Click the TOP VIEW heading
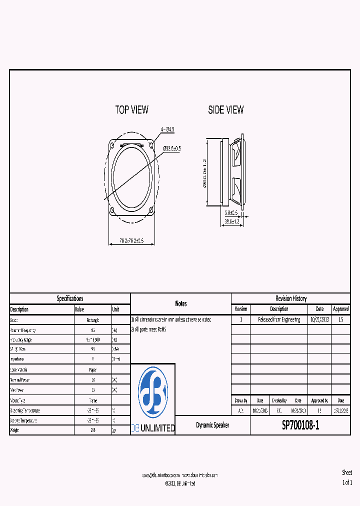coord(131,110)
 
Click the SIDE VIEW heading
coord(226,110)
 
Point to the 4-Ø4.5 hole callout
coord(167,129)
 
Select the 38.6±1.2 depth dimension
coord(232,221)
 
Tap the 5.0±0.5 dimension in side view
coord(230,212)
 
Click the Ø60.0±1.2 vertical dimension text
coord(204,173)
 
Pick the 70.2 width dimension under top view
coord(131,241)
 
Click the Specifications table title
coord(70,298)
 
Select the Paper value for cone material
coord(92,370)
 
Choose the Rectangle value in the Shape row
coord(92,320)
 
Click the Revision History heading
coord(291,298)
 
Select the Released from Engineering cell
coord(279,319)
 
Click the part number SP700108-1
coord(300,425)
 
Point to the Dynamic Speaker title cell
coord(212,425)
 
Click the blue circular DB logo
coord(153,392)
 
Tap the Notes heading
coord(181,303)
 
